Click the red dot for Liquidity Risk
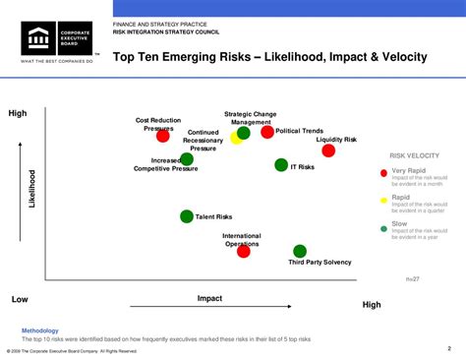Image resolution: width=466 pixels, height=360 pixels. (328, 150)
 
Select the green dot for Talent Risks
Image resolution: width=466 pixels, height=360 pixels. (187, 216)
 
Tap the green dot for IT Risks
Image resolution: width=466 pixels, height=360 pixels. (281, 165)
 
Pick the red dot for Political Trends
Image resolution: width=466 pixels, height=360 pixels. (267, 132)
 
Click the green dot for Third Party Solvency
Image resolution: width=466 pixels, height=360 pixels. (300, 251)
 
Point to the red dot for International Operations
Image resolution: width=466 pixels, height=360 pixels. (244, 252)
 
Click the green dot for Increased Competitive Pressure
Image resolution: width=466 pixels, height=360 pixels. (187, 158)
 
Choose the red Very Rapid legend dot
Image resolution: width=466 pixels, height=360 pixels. (384, 172)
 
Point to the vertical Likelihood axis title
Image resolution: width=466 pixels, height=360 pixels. (31, 187)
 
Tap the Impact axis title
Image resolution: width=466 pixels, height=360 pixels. (209, 297)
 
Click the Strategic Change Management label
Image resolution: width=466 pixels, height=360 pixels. (251, 118)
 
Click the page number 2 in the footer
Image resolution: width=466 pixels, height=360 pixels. (449, 347)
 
